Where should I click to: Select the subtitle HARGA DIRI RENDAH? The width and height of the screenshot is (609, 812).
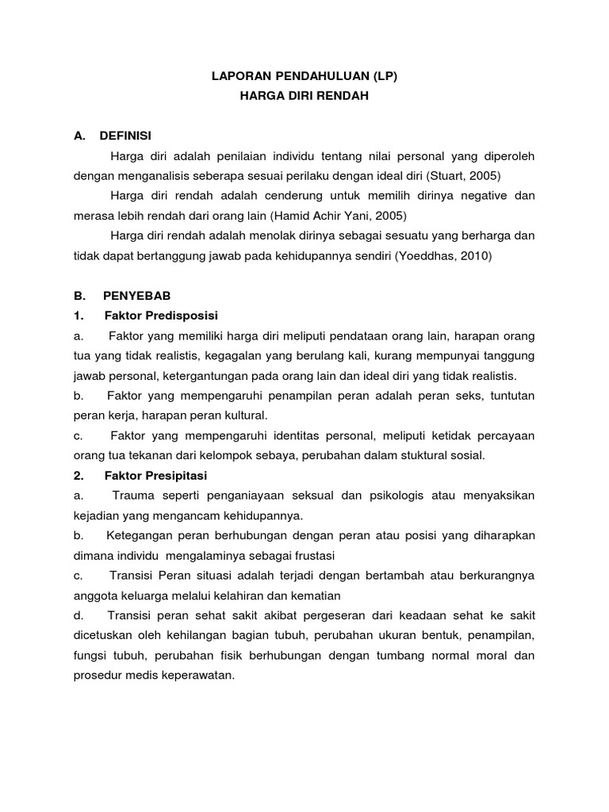(x=304, y=97)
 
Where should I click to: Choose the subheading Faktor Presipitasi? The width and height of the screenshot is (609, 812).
(x=155, y=475)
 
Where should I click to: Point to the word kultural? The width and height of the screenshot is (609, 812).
(x=245, y=415)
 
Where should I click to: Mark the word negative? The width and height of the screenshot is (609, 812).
(x=487, y=196)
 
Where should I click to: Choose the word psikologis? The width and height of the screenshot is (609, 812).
(x=396, y=495)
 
